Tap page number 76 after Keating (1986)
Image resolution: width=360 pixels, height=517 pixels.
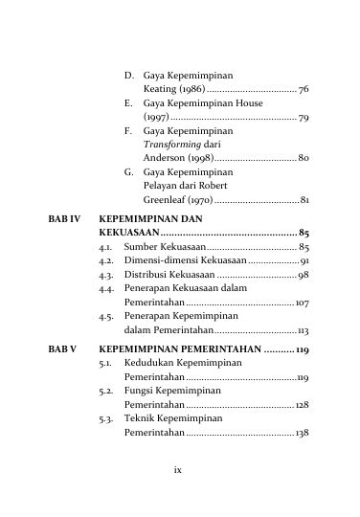tap(303, 89)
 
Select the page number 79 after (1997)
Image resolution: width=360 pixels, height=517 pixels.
tap(303, 118)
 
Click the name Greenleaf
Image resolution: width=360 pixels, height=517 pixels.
tap(164, 200)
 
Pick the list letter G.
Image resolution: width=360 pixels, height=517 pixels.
tap(128, 171)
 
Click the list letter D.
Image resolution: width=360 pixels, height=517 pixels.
tap(128, 74)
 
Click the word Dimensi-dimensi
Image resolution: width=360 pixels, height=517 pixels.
tap(160, 260)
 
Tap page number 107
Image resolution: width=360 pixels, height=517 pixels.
tap(301, 303)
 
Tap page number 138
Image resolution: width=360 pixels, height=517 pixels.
tap(301, 433)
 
